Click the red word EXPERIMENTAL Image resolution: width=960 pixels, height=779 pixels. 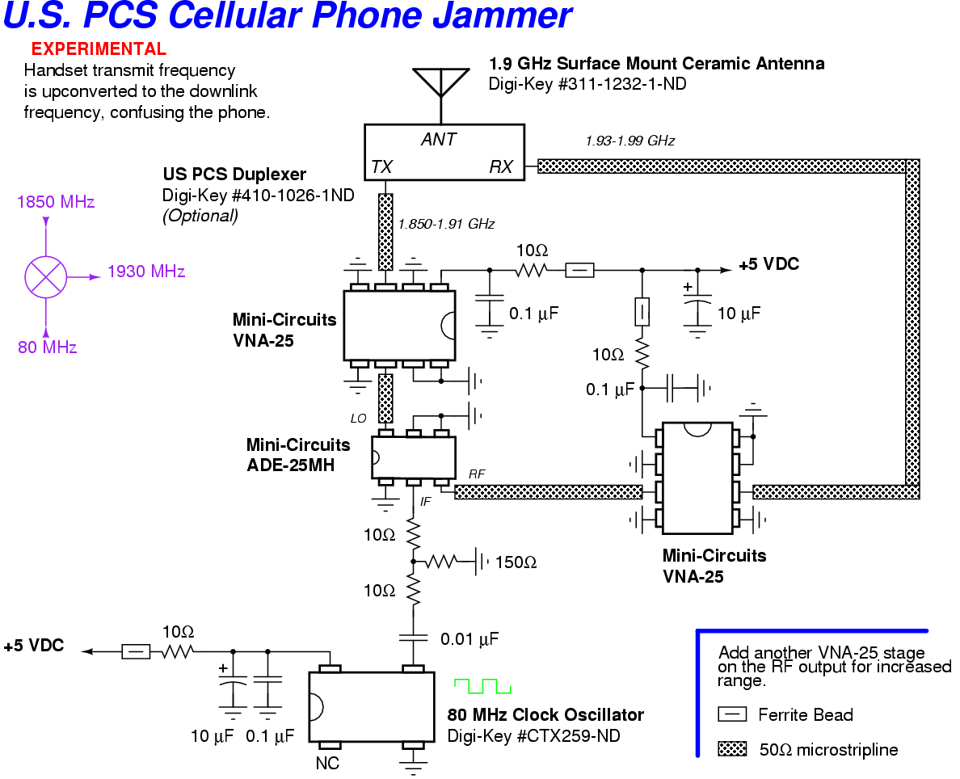[x=99, y=49]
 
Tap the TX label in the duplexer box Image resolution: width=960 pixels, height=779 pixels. [x=381, y=167]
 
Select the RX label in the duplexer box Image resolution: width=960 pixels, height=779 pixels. [x=501, y=167]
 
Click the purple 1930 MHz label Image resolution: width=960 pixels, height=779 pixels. [x=146, y=272]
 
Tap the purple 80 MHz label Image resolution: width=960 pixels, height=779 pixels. [x=48, y=348]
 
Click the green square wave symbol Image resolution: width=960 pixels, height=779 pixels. [x=482, y=686]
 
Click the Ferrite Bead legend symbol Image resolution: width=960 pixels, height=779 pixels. [x=732, y=714]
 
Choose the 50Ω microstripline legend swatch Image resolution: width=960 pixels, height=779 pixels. [x=732, y=750]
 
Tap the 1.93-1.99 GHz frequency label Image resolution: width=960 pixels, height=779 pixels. [x=629, y=141]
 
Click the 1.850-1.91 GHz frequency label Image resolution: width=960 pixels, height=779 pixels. [x=446, y=224]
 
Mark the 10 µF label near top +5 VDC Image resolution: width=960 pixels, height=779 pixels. [x=739, y=313]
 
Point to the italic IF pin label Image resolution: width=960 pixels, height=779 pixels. [x=426, y=502]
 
